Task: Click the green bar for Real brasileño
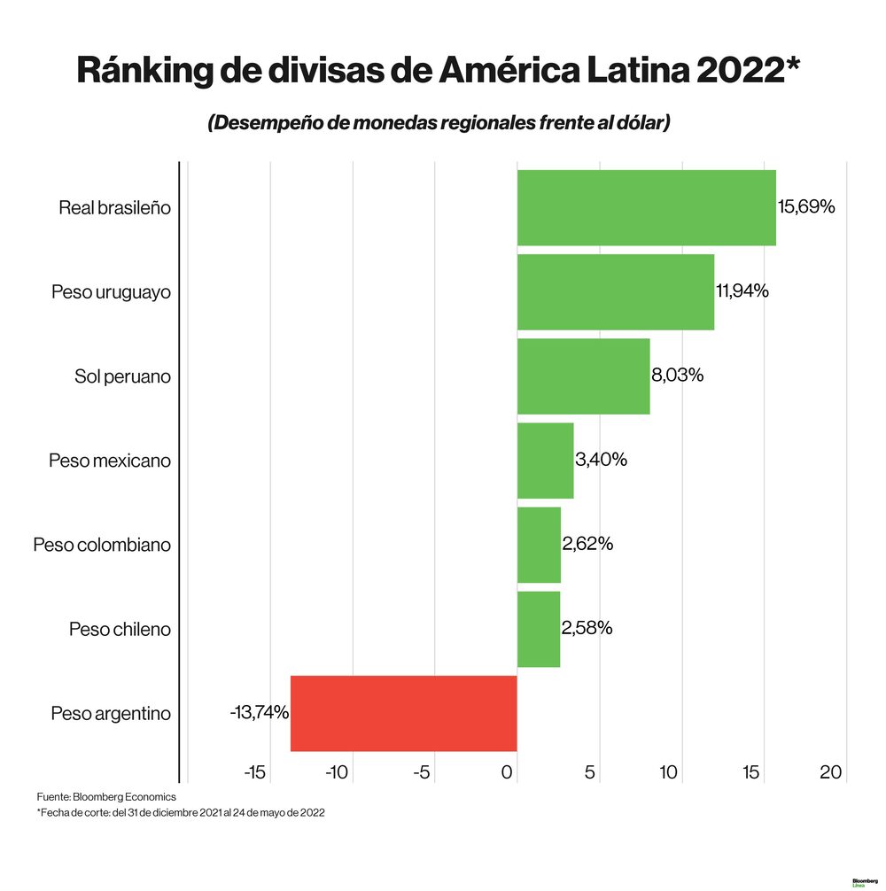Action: point(646,207)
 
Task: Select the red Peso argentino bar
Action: point(403,713)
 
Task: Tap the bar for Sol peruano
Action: point(583,376)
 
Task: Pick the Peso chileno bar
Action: point(538,629)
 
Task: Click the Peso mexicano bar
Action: point(545,461)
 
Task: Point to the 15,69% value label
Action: point(806,207)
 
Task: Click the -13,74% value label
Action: point(260,712)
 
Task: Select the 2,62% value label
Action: point(587,543)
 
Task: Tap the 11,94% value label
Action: point(742,291)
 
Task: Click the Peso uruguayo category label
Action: point(111,292)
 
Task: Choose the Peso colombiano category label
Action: point(102,545)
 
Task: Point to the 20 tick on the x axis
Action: point(830,772)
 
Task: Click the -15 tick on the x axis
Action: point(254,772)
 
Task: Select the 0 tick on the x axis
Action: point(508,772)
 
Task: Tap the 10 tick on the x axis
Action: point(668,772)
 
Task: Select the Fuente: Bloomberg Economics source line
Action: point(106,797)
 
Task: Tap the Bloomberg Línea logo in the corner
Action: point(864,883)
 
